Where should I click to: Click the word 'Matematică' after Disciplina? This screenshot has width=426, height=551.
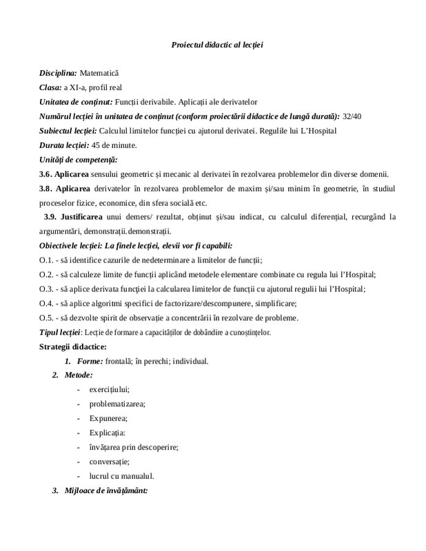coord(99,72)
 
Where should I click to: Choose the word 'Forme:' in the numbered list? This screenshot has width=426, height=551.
coord(90,361)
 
